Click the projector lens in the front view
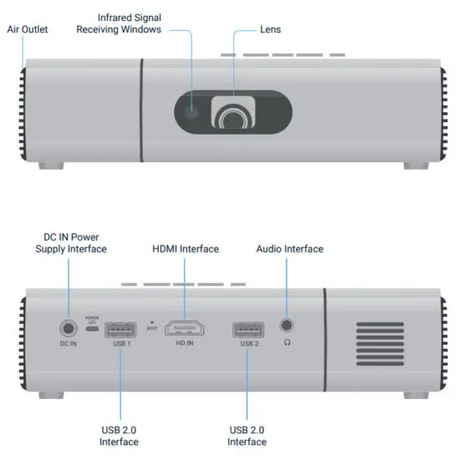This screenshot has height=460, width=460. [x=232, y=119]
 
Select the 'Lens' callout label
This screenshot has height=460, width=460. [x=270, y=29]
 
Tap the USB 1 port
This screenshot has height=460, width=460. [x=122, y=328]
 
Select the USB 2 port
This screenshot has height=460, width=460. [x=248, y=328]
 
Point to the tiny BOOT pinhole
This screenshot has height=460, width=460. [x=151, y=320]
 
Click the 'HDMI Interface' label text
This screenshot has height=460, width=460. [x=185, y=248]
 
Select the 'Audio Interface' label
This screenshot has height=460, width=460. [x=289, y=248]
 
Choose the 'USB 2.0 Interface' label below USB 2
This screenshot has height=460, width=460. [x=248, y=436]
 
